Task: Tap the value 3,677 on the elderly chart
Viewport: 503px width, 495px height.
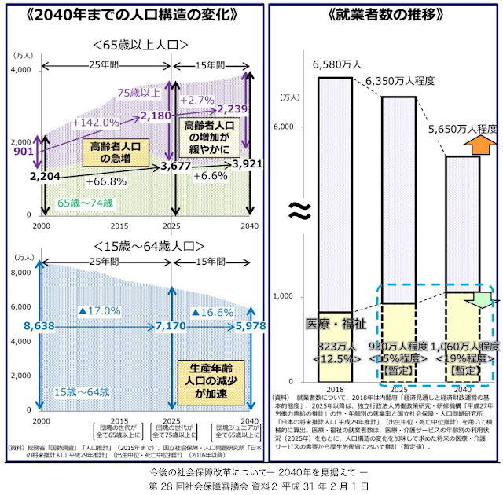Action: [176, 167]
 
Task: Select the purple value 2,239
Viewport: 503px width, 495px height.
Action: [233, 109]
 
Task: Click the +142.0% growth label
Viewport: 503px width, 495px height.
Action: [96, 123]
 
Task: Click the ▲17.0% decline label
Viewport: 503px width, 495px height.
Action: [95, 312]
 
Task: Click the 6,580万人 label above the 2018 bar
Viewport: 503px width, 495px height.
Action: [337, 63]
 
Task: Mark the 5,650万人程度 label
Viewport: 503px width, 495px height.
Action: [462, 128]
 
